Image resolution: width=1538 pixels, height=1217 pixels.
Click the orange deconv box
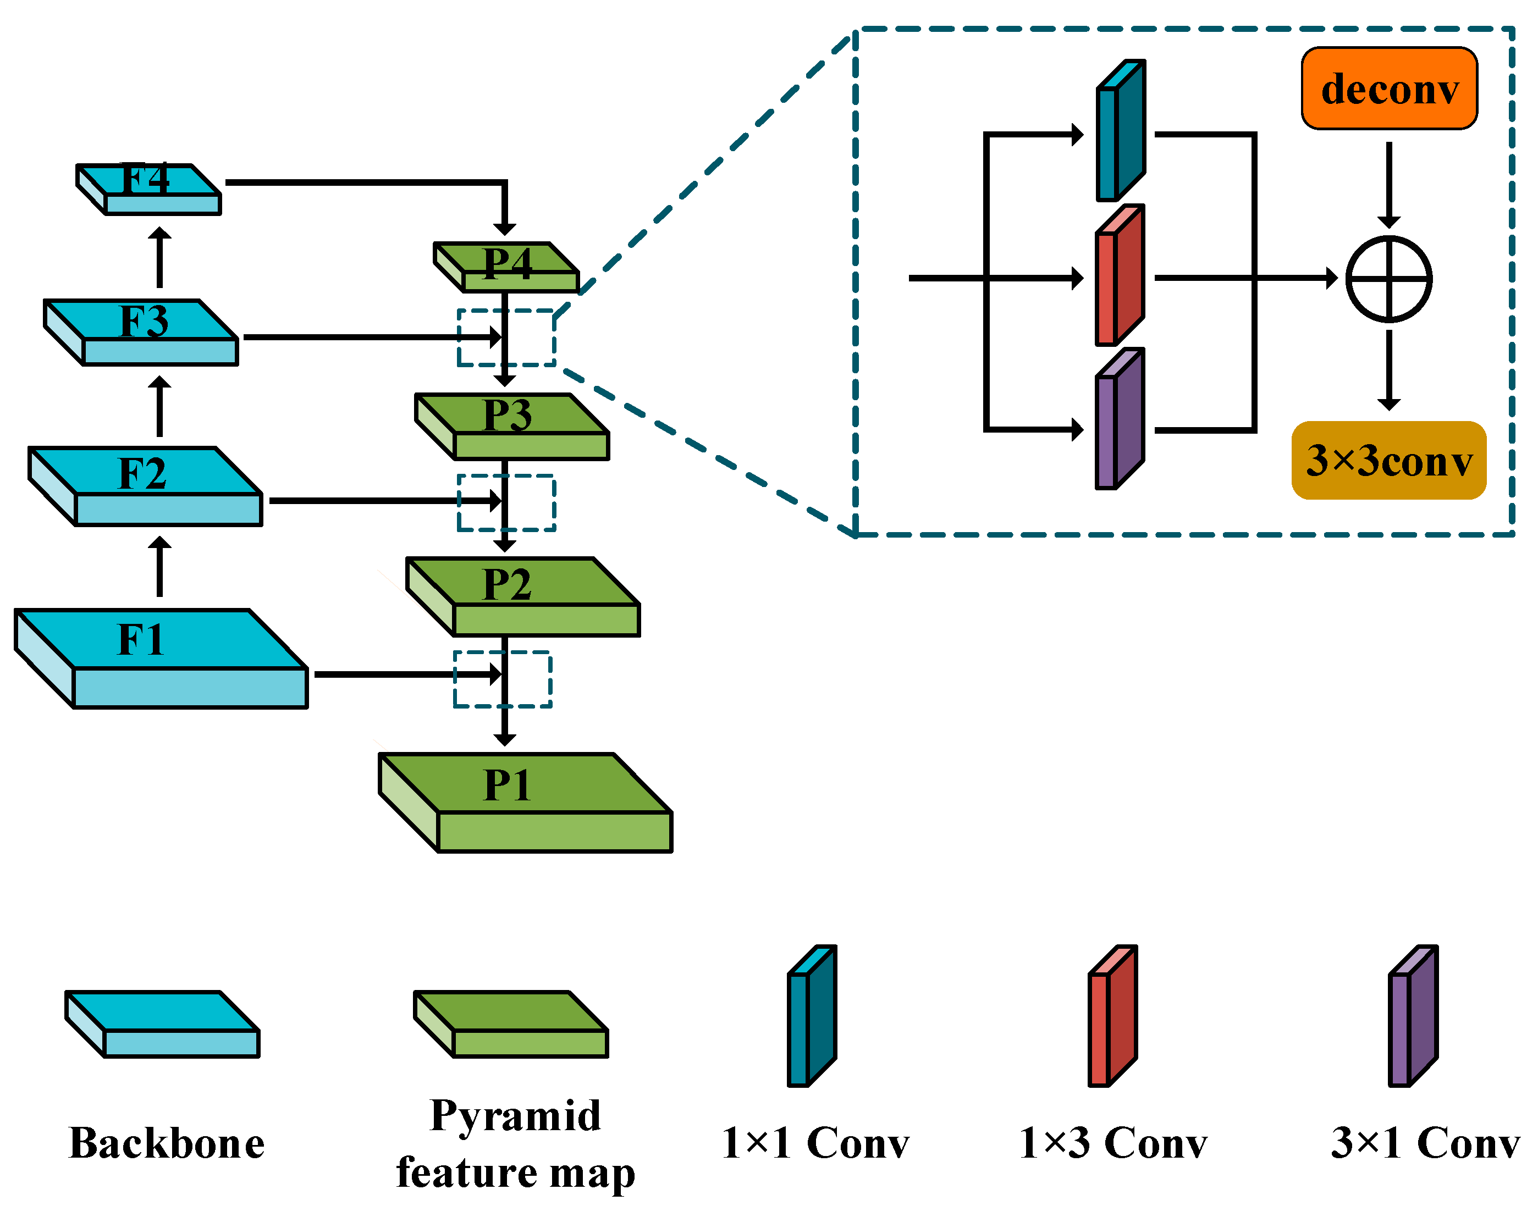click(1388, 89)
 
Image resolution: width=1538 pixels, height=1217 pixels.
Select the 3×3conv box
click(1388, 460)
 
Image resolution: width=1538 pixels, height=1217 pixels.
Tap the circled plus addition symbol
click(1388, 279)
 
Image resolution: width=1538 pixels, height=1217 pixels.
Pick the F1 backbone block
click(161, 659)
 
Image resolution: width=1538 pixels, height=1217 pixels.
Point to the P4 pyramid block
click(506, 267)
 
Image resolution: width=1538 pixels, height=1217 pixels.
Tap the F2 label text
click(142, 473)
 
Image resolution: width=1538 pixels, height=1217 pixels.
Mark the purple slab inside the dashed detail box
click(1119, 419)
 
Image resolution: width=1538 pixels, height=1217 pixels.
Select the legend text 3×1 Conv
click(1425, 1143)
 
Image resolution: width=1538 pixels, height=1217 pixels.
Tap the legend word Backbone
click(167, 1143)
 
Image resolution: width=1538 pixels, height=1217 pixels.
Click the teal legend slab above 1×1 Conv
click(811, 1016)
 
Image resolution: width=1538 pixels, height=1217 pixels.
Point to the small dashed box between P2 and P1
click(503, 679)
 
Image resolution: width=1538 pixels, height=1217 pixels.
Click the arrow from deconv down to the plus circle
click(1388, 184)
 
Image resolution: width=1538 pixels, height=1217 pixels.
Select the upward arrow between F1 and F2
click(159, 567)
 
